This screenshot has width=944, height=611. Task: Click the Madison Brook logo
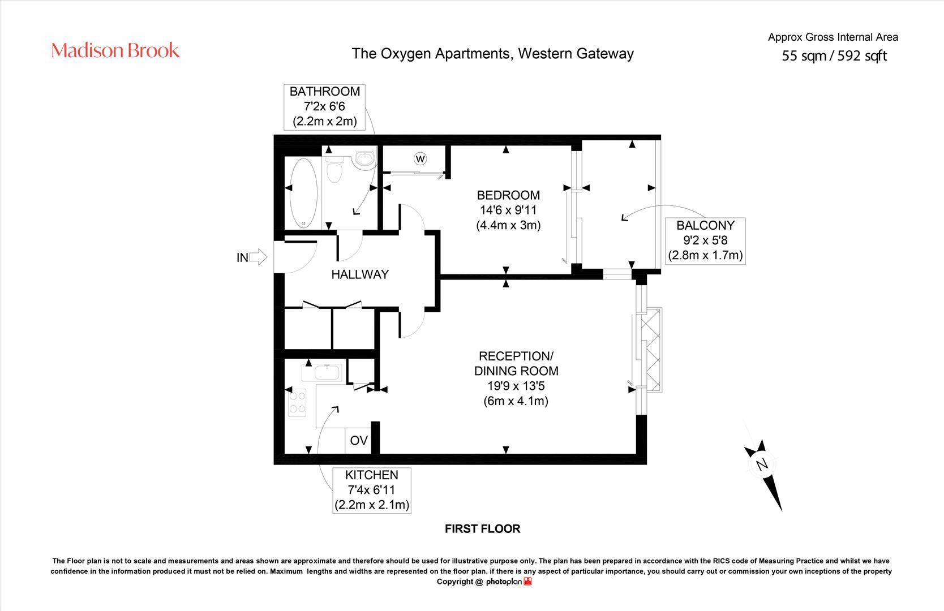click(115, 51)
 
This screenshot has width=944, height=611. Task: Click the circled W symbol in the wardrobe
click(420, 158)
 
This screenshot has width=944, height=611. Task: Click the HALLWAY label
click(360, 274)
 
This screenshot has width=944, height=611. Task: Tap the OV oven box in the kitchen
click(358, 441)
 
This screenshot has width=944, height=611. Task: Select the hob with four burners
click(297, 402)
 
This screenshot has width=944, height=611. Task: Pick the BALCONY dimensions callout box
click(705, 240)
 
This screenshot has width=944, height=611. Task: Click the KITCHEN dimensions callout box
click(372, 490)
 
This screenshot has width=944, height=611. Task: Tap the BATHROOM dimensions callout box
click(324, 106)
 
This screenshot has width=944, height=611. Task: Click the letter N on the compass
click(762, 465)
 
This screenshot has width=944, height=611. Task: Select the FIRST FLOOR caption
click(482, 529)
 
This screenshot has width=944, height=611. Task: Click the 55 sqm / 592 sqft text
click(834, 56)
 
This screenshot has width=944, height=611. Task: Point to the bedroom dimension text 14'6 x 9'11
click(508, 210)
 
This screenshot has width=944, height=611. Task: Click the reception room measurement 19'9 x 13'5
click(515, 386)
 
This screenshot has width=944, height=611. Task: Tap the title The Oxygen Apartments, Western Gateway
click(492, 54)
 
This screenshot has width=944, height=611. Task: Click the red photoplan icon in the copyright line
click(527, 582)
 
